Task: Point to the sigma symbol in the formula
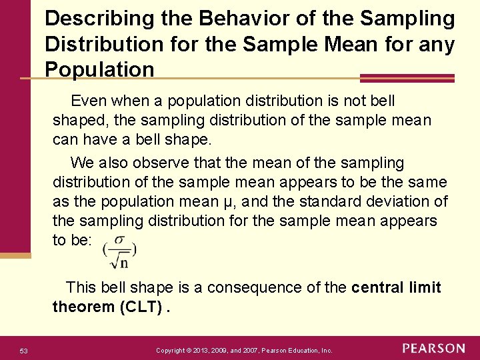pyautogui.click(x=119, y=239)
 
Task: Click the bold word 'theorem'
pyautogui.click(x=82, y=307)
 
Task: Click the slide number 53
pyautogui.click(x=24, y=350)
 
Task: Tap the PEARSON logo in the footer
pyautogui.click(x=433, y=348)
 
